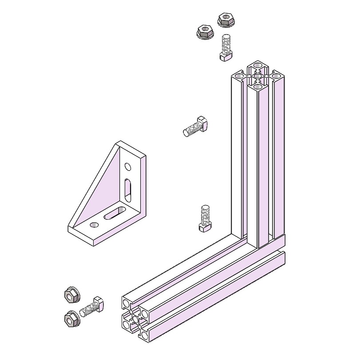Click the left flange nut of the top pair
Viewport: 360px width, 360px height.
(205, 32)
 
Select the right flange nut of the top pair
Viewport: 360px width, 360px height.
(225, 20)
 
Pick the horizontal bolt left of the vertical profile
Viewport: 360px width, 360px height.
(195, 127)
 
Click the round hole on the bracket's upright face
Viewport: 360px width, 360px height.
(128, 167)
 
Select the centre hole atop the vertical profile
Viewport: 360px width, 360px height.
(258, 76)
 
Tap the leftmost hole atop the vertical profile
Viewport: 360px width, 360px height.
(240, 77)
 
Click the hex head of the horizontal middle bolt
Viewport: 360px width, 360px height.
(202, 123)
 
